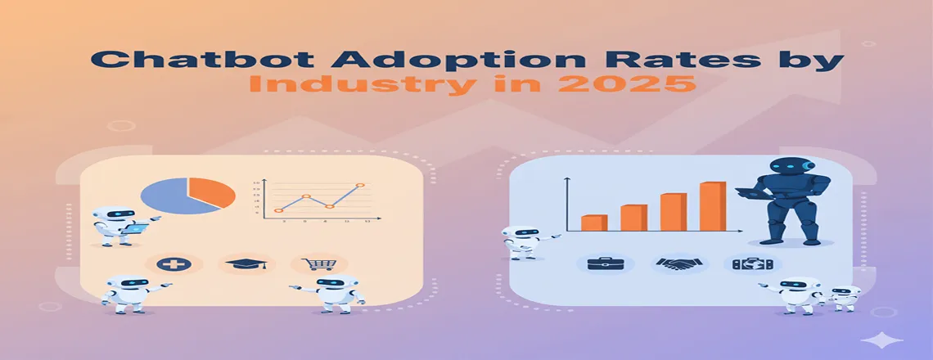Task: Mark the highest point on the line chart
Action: coord(359,186)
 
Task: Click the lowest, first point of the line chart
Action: coord(279,210)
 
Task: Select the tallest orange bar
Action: coord(712,206)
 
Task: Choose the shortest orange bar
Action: coord(593,223)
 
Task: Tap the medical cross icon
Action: coord(174,264)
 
